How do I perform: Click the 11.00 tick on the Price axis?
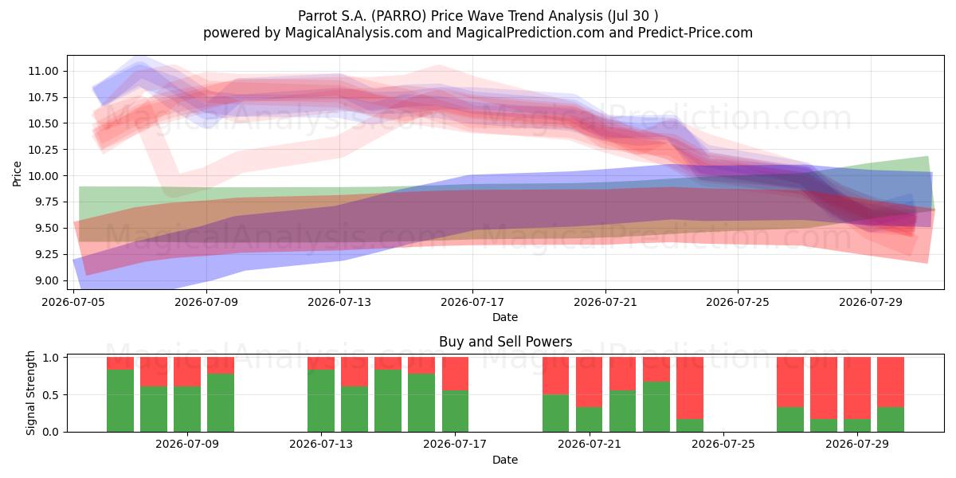43,71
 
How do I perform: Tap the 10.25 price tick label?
43,150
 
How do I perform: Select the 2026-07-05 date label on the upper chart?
73,302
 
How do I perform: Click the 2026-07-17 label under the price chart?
472,302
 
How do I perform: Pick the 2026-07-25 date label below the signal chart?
723,444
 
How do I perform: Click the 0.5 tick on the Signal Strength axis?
51,395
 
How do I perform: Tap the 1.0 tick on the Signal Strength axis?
51,358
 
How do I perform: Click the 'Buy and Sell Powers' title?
505,342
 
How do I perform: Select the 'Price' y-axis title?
17,174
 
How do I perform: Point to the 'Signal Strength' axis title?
30,393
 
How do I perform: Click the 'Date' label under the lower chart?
505,460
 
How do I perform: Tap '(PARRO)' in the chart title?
398,16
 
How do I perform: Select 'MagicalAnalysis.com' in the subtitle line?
354,33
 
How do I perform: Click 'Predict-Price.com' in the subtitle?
695,33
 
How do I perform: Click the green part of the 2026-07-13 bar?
321,401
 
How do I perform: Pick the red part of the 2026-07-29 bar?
857,388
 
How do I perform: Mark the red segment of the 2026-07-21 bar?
589,382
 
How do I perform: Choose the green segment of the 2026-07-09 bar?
187,409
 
